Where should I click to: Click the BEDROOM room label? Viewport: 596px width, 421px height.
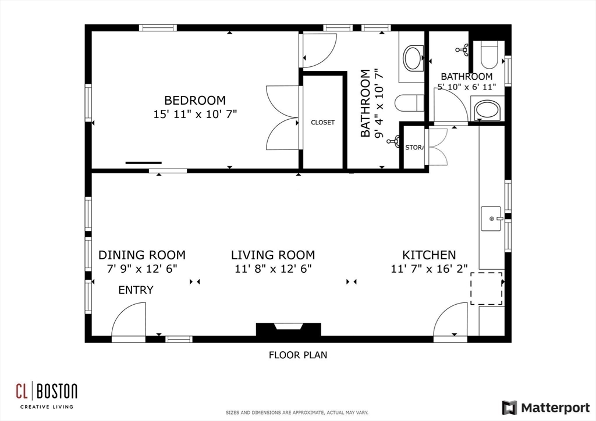point(195,100)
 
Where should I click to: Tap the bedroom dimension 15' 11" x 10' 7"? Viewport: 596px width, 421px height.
point(195,115)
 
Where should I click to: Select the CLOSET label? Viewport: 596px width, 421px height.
point(322,122)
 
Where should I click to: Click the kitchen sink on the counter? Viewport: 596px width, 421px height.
point(491,219)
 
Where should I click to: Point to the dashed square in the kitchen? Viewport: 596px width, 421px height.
point(487,288)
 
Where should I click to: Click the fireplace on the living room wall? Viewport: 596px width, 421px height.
point(289,330)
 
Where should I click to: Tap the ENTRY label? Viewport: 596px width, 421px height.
point(136,290)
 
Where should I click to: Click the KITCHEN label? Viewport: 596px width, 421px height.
point(429,255)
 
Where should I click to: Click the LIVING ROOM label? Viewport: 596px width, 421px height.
point(273,255)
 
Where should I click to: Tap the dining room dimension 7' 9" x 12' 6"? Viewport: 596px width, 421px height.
point(142,269)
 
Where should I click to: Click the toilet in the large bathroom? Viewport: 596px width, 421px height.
point(409,102)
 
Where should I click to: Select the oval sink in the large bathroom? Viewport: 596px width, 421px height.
point(413,58)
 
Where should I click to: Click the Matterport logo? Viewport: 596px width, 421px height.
point(546,408)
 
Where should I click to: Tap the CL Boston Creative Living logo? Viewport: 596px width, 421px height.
point(47,395)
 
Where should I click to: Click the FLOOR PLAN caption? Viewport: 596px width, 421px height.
point(298,355)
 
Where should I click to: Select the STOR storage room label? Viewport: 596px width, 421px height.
point(414,147)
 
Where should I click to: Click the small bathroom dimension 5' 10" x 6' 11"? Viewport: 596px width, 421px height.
point(467,87)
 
